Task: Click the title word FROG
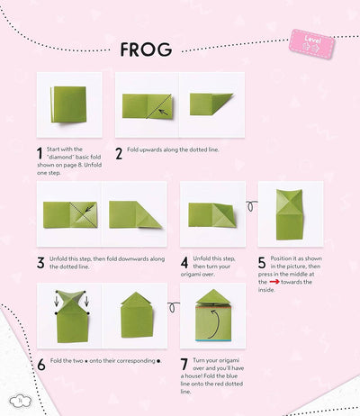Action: (146, 50)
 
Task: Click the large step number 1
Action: (40, 154)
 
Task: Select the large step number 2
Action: (119, 154)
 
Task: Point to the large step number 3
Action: (40, 262)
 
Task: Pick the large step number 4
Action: (184, 262)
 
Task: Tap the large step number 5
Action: (262, 262)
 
